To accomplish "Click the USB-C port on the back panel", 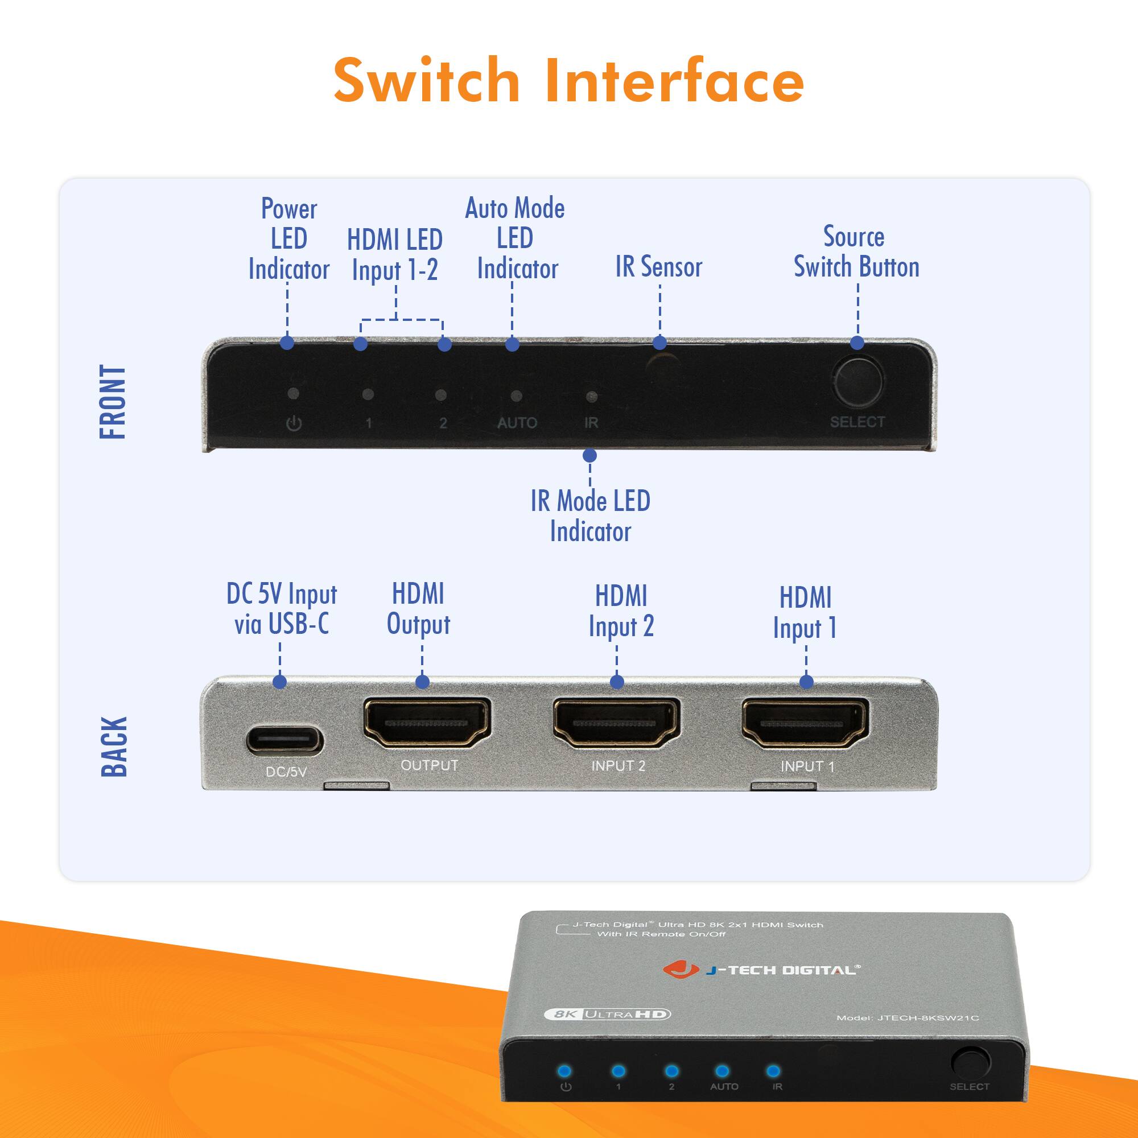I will pos(284,740).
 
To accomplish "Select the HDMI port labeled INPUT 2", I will pos(616,723).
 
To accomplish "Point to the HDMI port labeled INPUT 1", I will pos(805,723).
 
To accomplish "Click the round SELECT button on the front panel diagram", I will pos(857,381).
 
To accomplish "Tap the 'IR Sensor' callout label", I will pos(658,267).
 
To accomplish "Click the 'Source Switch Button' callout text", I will pos(856,252).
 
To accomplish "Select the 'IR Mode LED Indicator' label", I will pos(590,516).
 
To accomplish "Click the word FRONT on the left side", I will pos(113,402).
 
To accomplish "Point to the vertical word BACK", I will pos(114,747).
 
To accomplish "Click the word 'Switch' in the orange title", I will pos(426,81).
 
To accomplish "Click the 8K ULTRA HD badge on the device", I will pos(607,1015).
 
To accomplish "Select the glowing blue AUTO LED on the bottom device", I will pos(721,1071).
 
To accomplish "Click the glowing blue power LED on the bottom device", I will pos(564,1071).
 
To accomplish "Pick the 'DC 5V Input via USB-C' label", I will pos(282,609).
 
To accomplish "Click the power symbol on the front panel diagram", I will pos(294,423).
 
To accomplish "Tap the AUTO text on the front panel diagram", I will pos(517,423).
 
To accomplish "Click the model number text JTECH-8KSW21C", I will pos(927,1017).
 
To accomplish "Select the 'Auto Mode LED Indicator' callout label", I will pos(515,238).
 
